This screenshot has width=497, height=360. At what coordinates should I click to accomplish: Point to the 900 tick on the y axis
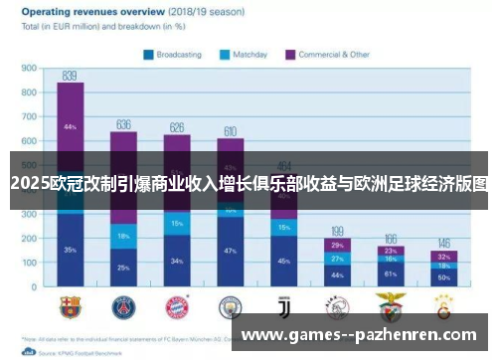pos(29,69)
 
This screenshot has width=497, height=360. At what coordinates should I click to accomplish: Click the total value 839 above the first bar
pos(70,76)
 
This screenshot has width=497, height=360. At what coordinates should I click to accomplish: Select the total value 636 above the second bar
pos(123,124)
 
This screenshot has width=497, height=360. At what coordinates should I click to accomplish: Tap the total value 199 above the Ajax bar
pos(337,231)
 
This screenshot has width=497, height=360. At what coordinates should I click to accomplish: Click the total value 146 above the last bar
pos(443,243)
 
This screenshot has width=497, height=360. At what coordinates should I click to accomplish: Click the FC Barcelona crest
pos(70,305)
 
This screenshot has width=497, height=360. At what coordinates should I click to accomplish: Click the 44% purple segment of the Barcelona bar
pos(70,127)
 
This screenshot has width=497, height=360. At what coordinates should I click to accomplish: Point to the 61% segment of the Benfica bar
pos(391,272)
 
